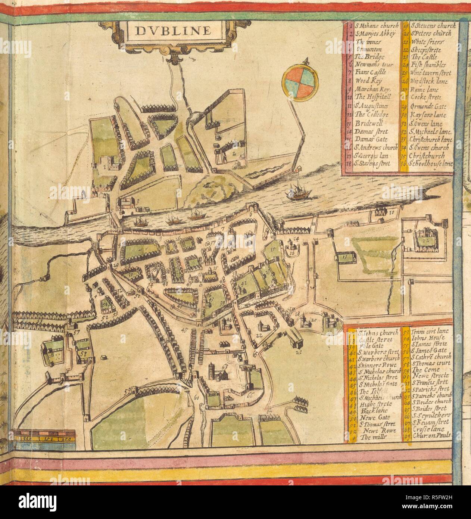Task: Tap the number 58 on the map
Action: pos(83,352)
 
